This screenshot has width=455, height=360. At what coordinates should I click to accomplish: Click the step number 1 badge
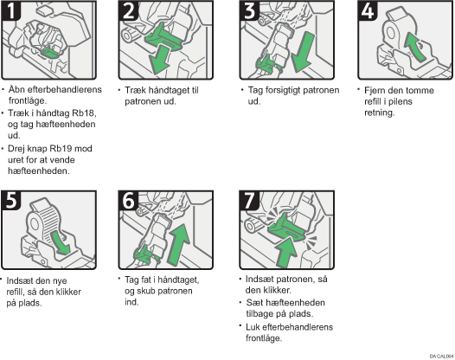coord(11,10)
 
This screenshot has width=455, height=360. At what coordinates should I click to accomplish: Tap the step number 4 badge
coord(368,10)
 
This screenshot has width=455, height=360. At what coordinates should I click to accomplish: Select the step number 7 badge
coord(249,200)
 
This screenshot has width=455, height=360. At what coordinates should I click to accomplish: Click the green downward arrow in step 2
coord(159,61)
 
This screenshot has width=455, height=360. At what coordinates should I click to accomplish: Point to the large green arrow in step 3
coord(303,52)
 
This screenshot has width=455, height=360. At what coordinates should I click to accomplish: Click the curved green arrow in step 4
coord(415,46)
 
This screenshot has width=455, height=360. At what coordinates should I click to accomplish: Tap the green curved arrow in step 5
coord(61,241)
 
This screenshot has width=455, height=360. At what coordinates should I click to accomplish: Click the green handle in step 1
coord(48,51)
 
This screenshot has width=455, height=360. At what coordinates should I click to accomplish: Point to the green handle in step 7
coord(286,227)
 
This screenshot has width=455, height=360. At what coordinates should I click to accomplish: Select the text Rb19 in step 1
coord(61,148)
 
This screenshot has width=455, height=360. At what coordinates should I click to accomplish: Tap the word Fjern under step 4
coord(374,90)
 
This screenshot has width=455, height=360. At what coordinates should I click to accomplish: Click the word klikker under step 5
coord(69,292)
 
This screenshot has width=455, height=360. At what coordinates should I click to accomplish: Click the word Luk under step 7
coord(252,327)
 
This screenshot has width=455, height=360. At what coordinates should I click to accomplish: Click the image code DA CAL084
coord(441,356)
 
